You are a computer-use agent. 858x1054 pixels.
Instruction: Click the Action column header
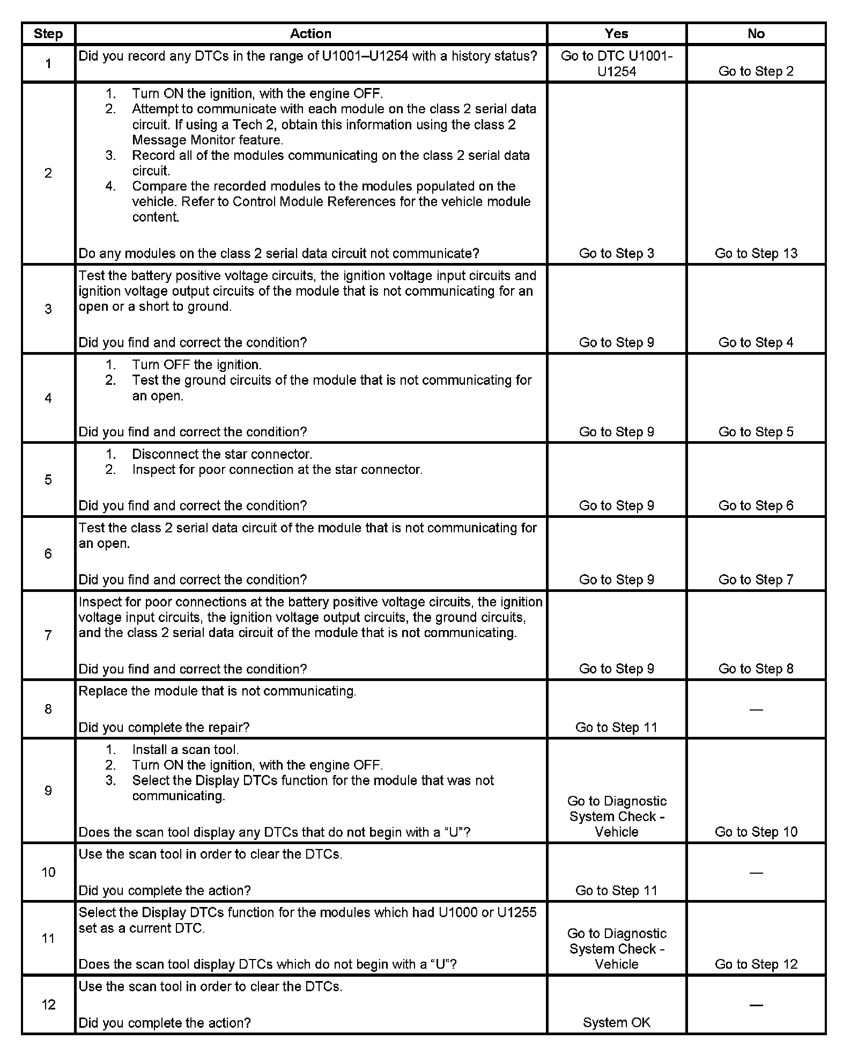point(310,33)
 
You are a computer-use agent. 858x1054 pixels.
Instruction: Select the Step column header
point(48,33)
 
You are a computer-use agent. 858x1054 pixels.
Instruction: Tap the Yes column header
point(616,33)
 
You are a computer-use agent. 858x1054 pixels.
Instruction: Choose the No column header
point(756,33)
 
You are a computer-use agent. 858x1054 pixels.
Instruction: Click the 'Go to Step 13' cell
point(756,253)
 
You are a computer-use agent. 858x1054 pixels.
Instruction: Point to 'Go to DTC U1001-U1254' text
point(616,63)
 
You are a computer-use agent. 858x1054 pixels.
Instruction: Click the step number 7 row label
point(48,635)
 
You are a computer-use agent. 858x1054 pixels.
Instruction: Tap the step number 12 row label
point(48,1005)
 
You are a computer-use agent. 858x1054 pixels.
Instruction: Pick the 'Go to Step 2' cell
point(756,71)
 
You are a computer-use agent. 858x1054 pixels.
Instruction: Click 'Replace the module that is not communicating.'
point(217,691)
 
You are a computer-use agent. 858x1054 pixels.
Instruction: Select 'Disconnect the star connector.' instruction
point(222,454)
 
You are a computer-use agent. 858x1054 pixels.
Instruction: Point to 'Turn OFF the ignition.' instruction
point(197,365)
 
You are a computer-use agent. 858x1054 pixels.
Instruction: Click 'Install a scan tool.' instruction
point(185,750)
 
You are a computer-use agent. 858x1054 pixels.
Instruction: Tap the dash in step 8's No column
point(756,709)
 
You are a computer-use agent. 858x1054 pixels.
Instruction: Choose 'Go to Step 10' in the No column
point(756,832)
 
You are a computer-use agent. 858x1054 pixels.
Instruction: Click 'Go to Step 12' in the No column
point(756,964)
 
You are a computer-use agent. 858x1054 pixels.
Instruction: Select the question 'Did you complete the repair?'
point(164,727)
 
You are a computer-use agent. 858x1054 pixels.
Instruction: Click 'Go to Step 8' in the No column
point(756,669)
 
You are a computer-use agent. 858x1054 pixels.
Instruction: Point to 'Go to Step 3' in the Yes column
point(616,253)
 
